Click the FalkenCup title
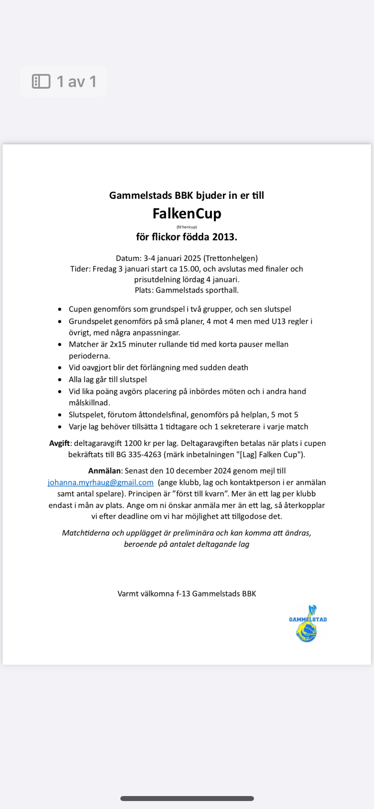[x=187, y=214]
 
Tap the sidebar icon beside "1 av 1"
[x=41, y=81]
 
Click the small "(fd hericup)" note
[x=187, y=227]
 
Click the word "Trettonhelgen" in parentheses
[x=230, y=258]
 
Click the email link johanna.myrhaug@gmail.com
[x=100, y=483]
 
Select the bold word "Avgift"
[x=60, y=443]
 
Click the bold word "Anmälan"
[x=104, y=471]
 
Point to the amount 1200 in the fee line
[x=133, y=443]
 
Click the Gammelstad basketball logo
[x=308, y=623]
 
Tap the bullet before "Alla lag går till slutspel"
[x=60, y=380]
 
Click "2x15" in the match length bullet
[x=118, y=344]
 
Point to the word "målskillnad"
[x=89, y=403]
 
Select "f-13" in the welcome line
[x=183, y=594]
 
